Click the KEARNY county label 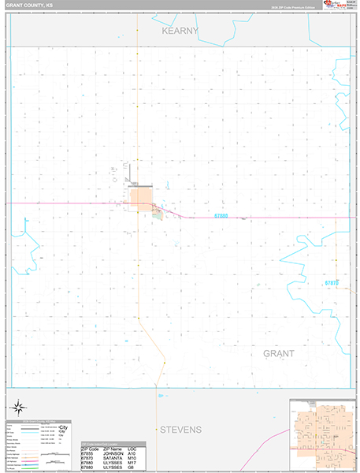click(180, 31)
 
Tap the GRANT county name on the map click(278, 353)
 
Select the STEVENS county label click(180, 430)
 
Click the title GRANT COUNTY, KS click(27, 4)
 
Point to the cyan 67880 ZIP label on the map click(222, 215)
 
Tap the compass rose click(18, 408)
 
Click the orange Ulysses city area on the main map click(141, 197)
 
